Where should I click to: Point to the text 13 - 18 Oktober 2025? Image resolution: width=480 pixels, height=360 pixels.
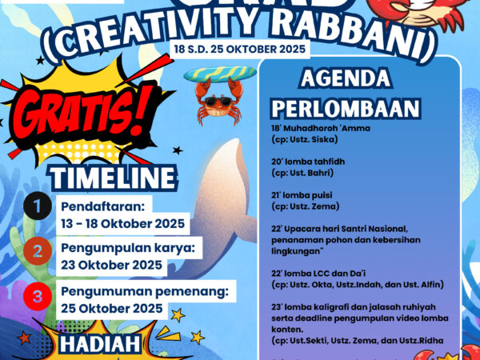click(122, 222)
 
